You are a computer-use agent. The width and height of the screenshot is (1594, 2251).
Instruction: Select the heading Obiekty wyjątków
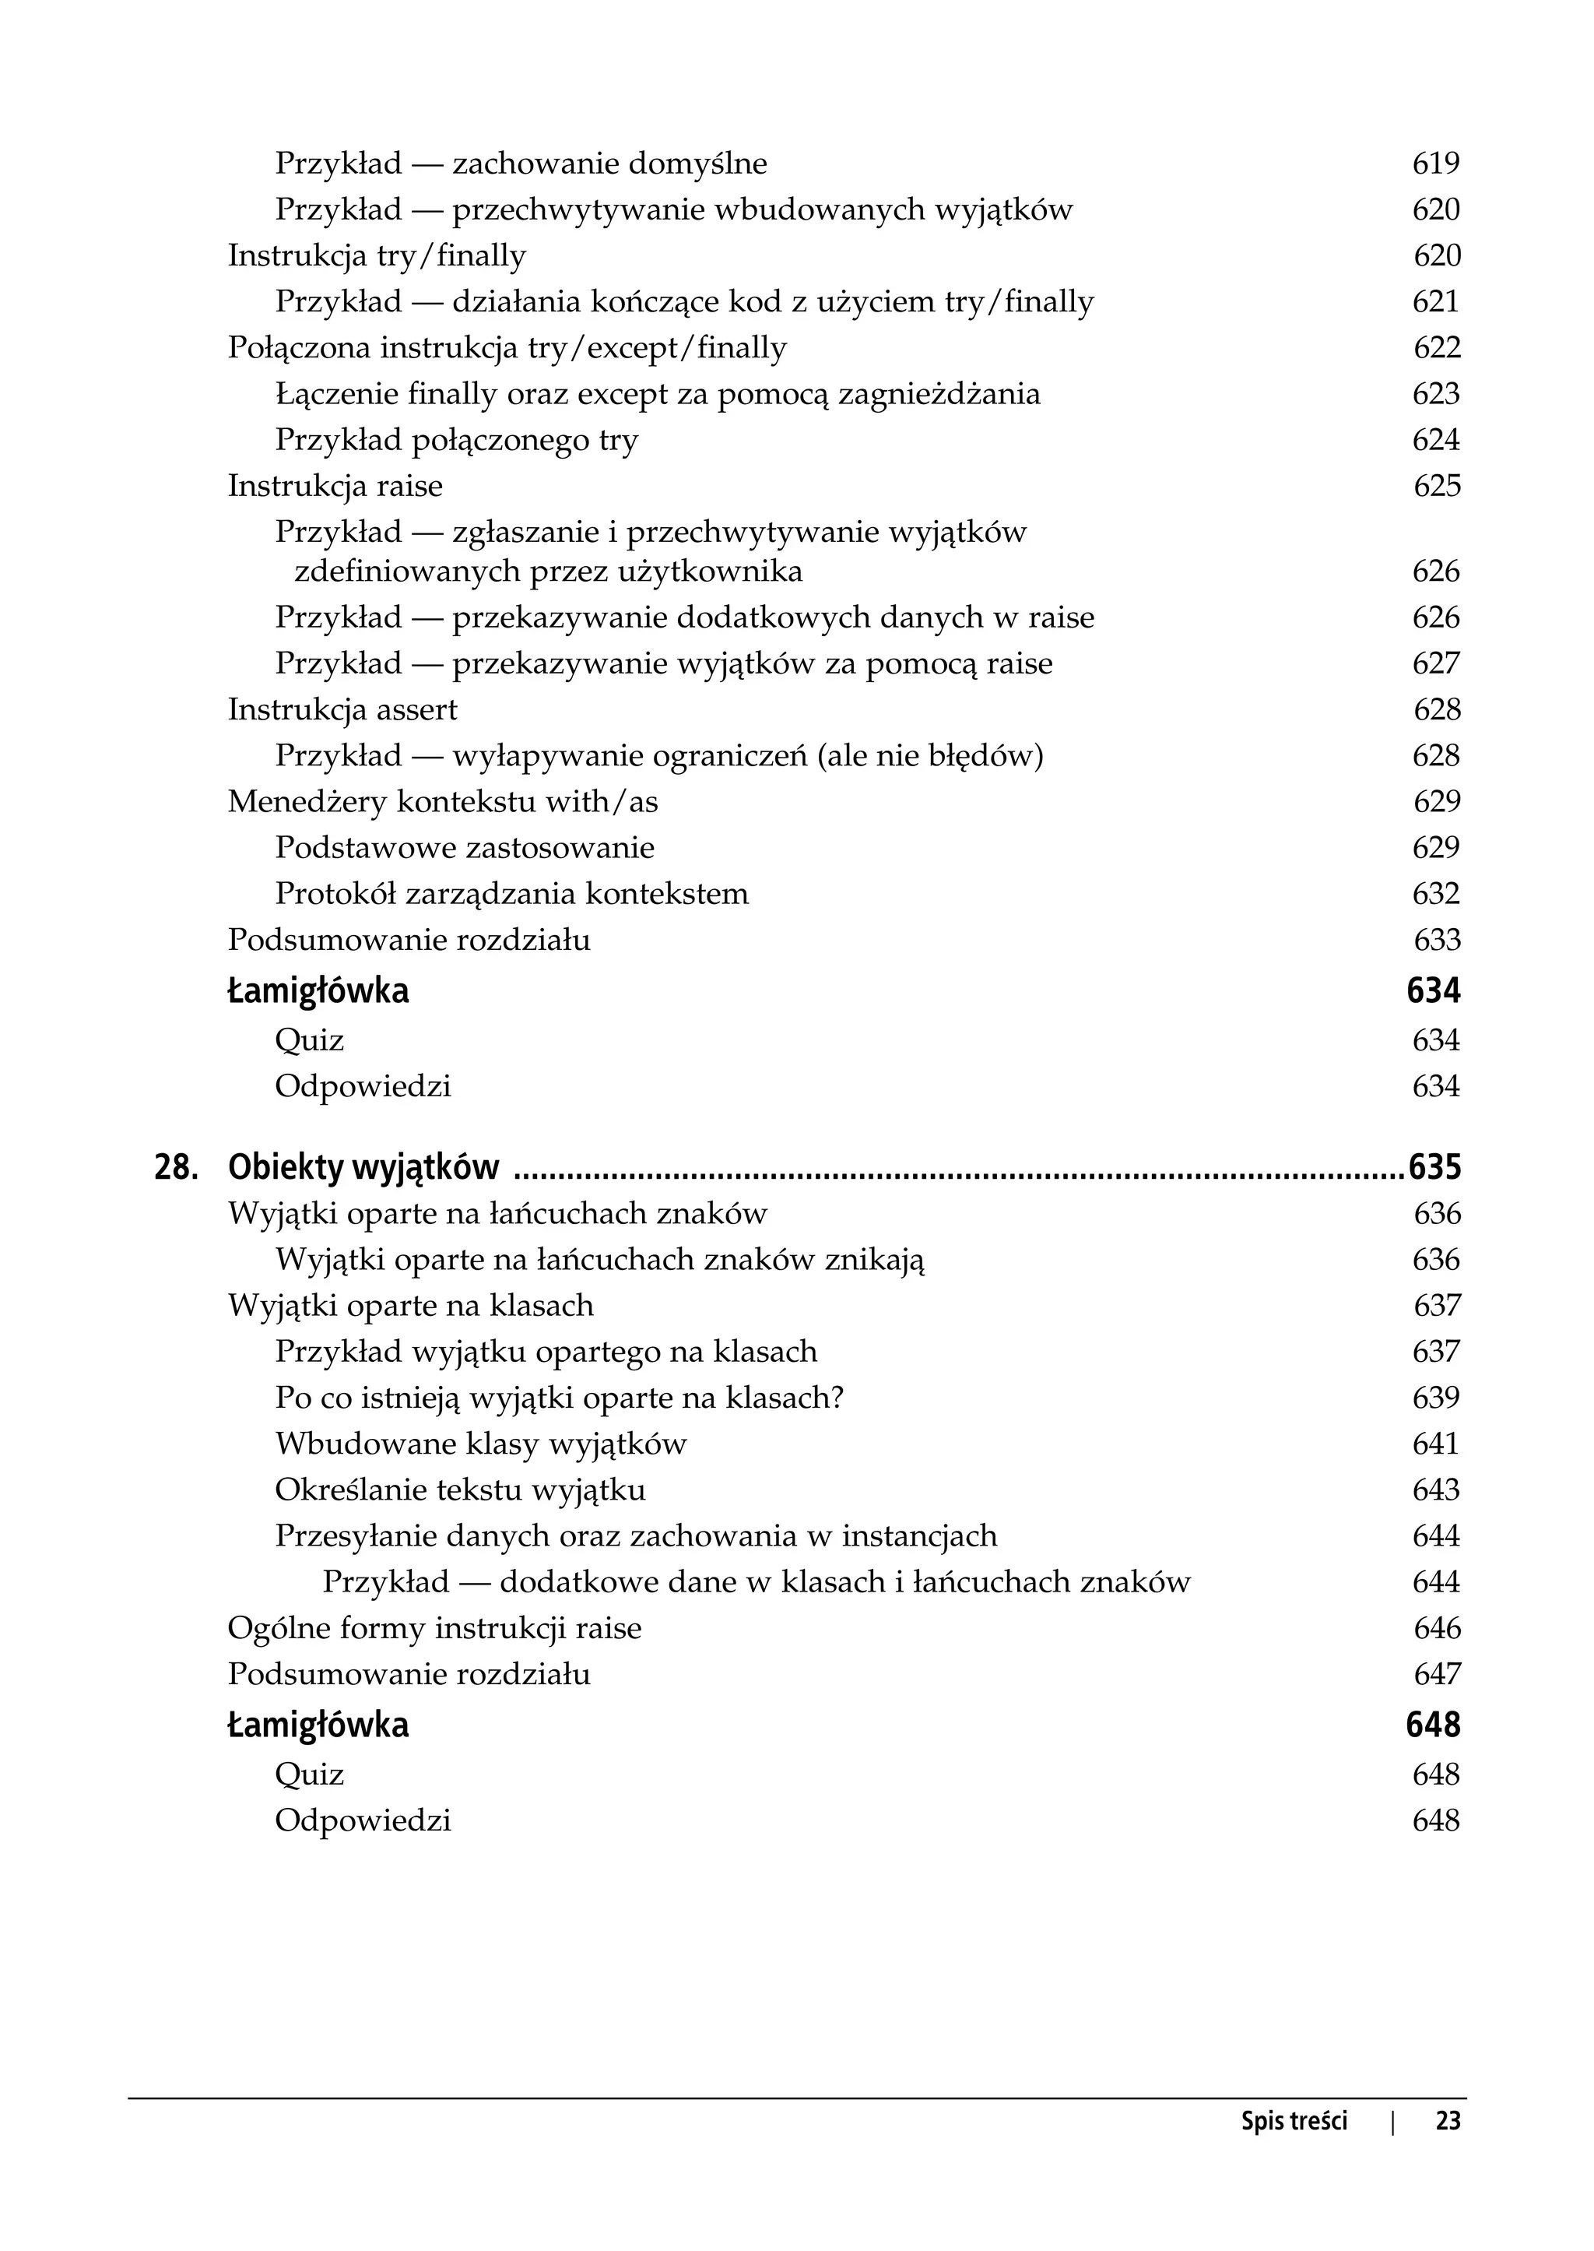point(363,1167)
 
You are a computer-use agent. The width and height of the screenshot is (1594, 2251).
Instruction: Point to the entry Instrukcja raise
point(335,486)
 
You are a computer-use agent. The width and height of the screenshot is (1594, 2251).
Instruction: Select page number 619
point(1435,163)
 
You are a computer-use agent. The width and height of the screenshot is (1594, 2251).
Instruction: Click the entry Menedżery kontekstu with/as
point(443,801)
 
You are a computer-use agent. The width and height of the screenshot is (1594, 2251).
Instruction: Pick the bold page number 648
point(1432,1724)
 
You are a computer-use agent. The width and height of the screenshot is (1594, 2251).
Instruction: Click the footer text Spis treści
point(1294,2149)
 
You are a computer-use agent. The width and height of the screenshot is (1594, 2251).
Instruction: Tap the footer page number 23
point(1448,2149)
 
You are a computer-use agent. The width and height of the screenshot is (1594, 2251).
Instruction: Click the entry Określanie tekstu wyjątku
point(459,1490)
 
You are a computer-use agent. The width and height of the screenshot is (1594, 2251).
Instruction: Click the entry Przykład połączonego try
point(456,440)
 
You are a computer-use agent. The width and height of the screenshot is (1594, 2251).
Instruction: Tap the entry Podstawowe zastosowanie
point(464,847)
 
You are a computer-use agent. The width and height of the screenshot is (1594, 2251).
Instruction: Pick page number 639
point(1435,1397)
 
